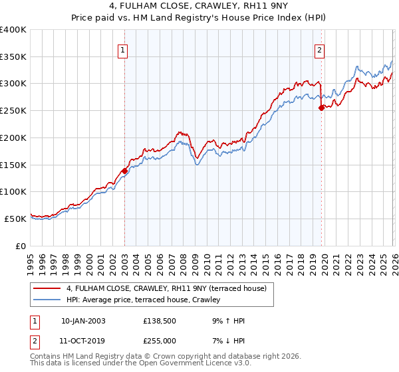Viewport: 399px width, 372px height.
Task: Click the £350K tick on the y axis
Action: pos(13,57)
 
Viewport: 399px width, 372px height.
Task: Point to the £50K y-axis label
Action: pos(15,219)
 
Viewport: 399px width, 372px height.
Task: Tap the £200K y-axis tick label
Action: pos(13,138)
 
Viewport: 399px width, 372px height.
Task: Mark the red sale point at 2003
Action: pos(124,171)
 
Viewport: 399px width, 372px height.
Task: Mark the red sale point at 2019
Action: pos(321,108)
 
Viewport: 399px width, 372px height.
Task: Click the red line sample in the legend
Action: pos(47,288)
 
